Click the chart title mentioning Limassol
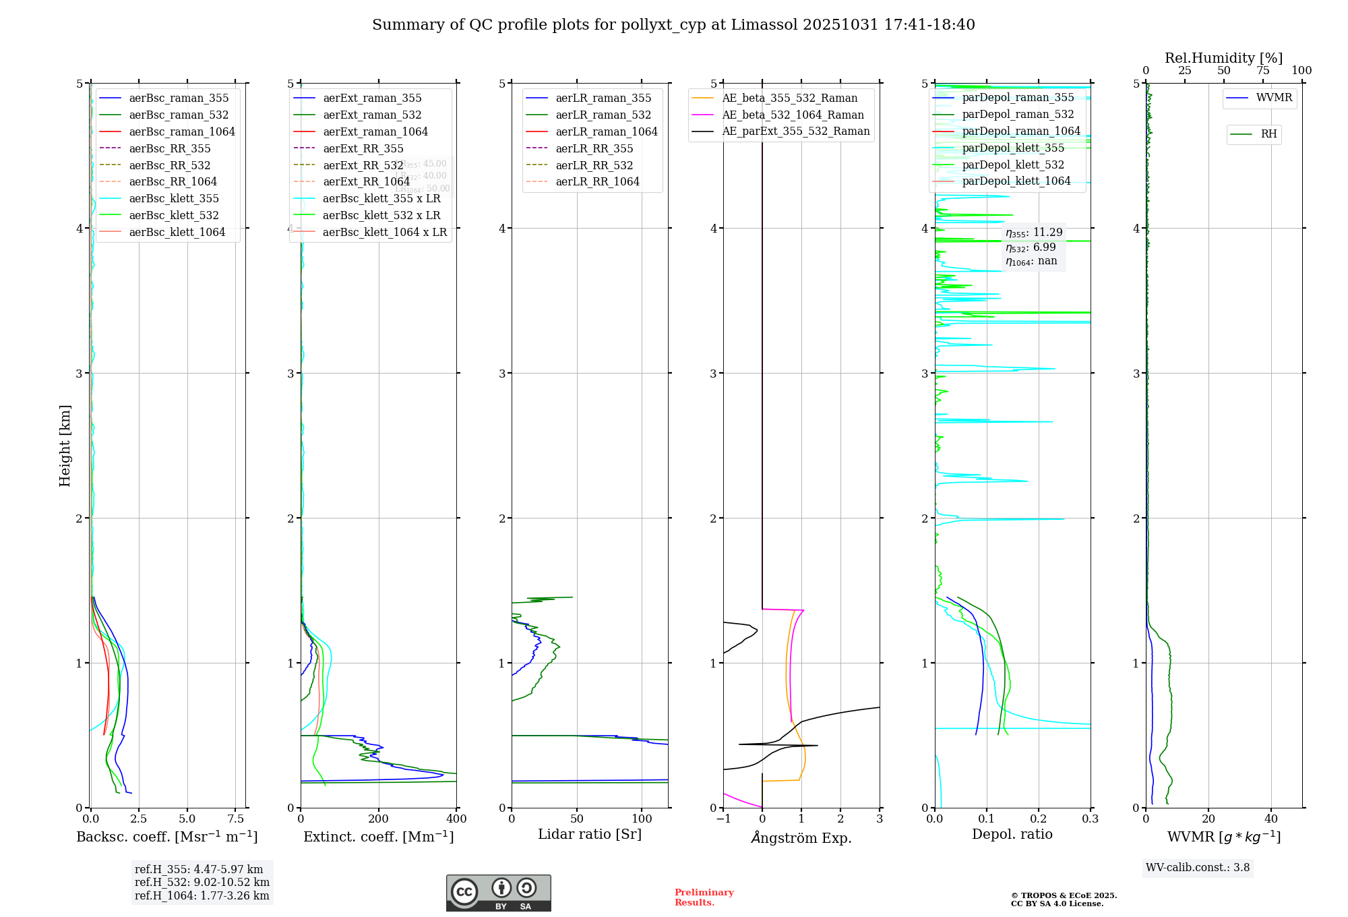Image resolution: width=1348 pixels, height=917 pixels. [x=673, y=25]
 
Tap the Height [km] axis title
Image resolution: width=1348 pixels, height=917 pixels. [x=65, y=445]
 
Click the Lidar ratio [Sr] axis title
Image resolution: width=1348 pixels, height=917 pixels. [x=590, y=834]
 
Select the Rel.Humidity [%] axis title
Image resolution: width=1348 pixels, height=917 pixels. [x=1223, y=58]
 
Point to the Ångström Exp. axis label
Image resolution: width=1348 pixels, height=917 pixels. [x=801, y=837]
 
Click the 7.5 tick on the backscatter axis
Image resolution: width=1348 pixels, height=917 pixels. [x=236, y=819]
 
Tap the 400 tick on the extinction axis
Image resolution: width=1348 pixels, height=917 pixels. [x=456, y=819]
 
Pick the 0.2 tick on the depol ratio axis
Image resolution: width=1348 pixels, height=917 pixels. [x=1039, y=819]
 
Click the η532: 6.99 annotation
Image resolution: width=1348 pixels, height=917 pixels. [x=1031, y=247]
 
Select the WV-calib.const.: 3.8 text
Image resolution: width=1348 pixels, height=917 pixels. [x=1198, y=868]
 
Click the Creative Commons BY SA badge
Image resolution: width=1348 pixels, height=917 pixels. [x=498, y=893]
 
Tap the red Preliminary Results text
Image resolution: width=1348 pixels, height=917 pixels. [x=704, y=897]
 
